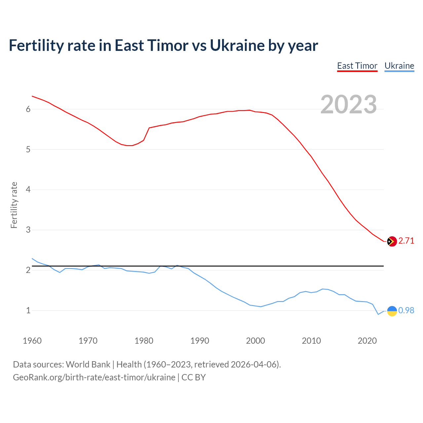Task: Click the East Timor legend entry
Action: tap(357, 66)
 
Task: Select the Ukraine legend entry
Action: tap(399, 66)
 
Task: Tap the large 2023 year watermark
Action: tap(348, 104)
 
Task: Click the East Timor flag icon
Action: tap(392, 241)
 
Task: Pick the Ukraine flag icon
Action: tap(392, 311)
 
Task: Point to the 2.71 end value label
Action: tap(406, 241)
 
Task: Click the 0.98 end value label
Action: tap(406, 311)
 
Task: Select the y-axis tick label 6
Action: tap(28, 109)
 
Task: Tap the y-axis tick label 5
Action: tap(28, 150)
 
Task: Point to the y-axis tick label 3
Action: tap(28, 230)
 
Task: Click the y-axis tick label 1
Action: tap(28, 311)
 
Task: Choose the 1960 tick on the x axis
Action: tap(32, 341)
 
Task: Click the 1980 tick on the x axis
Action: tap(144, 341)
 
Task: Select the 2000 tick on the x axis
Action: tap(255, 341)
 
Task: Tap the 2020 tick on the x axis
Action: tap(367, 341)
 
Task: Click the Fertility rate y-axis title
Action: tap(14, 205)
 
